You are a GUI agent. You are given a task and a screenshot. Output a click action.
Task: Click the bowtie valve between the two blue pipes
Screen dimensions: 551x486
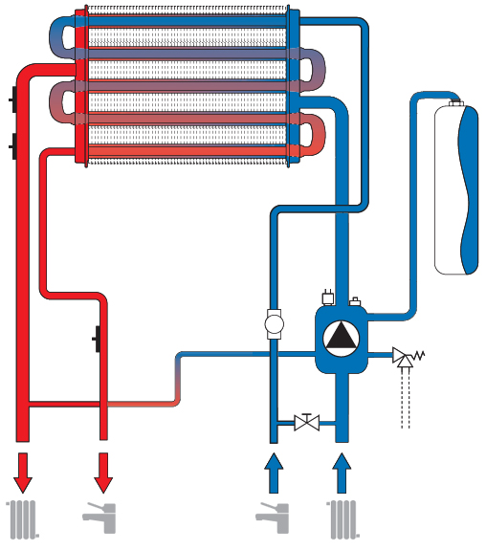[307, 422]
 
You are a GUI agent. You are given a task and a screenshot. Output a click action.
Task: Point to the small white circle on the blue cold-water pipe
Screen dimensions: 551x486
[274, 323]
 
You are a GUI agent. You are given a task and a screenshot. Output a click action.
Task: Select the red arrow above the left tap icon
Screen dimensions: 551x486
[103, 472]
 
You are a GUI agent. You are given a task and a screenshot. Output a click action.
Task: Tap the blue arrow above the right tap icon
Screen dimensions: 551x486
[274, 472]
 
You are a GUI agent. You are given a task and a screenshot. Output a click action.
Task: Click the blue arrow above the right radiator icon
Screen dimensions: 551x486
[342, 472]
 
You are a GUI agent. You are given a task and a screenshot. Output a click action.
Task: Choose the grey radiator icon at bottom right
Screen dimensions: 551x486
[342, 518]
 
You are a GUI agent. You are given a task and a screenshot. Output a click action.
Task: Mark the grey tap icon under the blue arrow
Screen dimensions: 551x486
[272, 518]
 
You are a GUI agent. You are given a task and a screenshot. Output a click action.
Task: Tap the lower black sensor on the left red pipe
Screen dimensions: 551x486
[11, 146]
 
